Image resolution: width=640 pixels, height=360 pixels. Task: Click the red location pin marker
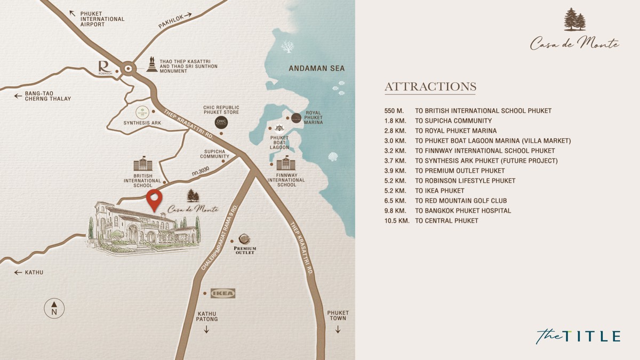(155, 200)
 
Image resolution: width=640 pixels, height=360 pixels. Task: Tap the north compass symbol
(54, 308)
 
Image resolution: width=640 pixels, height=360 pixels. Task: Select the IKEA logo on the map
(222, 293)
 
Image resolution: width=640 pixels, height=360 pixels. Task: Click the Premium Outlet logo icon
(245, 239)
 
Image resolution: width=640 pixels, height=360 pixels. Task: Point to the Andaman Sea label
(316, 68)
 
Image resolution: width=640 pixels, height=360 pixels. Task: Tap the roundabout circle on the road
(128, 68)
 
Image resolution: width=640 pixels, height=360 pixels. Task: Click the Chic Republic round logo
(221, 123)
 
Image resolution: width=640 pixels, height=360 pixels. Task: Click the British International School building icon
(142, 164)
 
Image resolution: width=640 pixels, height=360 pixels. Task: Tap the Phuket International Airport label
(102, 19)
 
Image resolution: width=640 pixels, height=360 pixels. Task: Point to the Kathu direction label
(34, 273)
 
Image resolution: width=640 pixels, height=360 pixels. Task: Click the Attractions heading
(430, 87)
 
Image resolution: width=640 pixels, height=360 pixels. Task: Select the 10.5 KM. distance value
(397, 221)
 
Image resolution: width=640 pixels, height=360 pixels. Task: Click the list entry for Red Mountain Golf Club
(461, 201)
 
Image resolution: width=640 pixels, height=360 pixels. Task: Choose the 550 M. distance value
(395, 111)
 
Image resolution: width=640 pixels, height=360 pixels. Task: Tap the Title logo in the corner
(578, 336)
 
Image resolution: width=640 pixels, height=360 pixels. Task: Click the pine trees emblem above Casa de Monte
(574, 20)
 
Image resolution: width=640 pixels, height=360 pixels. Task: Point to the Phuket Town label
(338, 316)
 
